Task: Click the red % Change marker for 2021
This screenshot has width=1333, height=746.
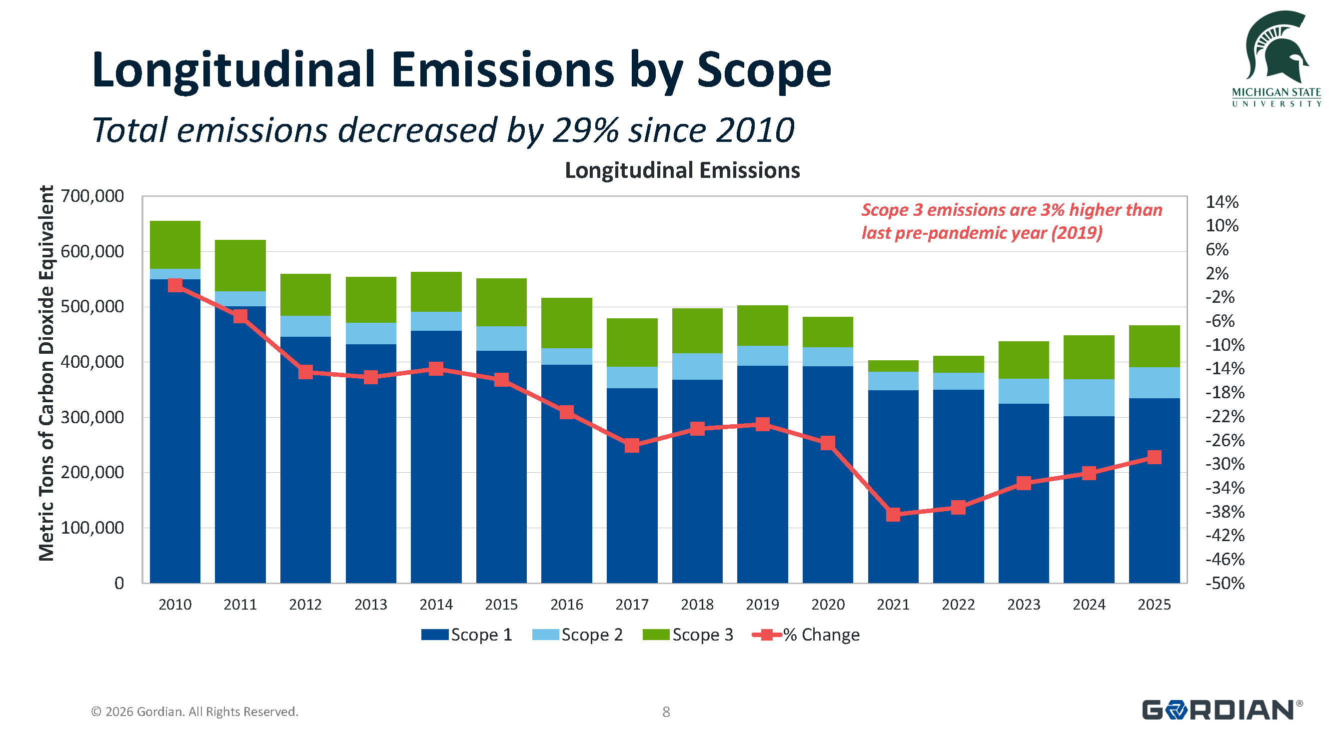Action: coord(893,514)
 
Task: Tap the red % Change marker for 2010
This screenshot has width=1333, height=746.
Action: coord(175,285)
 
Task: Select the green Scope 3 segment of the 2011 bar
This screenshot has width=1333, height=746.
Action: coord(240,265)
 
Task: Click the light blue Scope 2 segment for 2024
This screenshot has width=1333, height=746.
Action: coord(1088,397)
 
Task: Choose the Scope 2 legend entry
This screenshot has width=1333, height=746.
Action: coord(577,634)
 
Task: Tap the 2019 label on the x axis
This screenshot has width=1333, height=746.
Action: coord(762,604)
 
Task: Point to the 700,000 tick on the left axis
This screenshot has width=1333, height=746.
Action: coord(92,196)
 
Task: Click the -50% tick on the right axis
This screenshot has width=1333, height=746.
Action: coord(1225,583)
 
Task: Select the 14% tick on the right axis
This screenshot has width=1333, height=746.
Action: coord(1222,202)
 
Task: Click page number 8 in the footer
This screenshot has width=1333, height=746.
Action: coord(666,712)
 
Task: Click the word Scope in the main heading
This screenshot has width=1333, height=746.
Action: coord(763,71)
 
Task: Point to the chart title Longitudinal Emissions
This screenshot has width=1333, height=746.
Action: coord(682,170)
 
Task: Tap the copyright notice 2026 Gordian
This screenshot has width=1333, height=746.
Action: coord(194,712)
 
